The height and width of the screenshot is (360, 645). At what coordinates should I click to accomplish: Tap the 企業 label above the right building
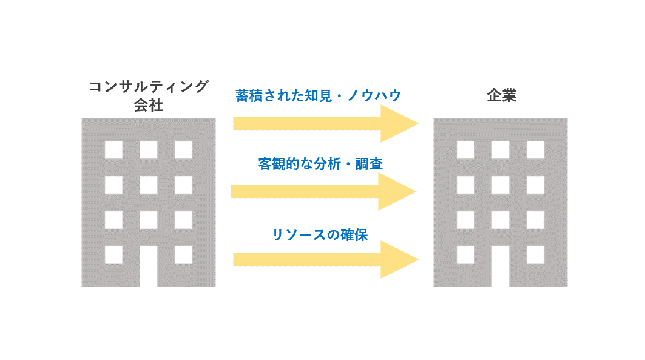[501, 95]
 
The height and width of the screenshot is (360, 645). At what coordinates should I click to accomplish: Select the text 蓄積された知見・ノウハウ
[319, 95]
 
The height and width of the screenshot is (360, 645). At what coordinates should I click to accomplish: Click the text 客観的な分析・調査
[320, 164]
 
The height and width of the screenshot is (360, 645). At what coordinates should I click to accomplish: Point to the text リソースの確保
[320, 234]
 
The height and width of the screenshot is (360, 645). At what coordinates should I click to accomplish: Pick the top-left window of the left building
[113, 149]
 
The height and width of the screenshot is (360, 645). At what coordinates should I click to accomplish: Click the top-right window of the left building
[183, 149]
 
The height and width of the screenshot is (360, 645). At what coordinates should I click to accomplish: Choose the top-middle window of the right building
[501, 149]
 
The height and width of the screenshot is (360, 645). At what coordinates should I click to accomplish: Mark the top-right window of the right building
[535, 149]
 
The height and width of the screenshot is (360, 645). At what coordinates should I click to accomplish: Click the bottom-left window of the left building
[113, 254]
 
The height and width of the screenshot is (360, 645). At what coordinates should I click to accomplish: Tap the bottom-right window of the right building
[535, 254]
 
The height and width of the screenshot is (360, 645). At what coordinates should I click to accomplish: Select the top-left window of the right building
[465, 149]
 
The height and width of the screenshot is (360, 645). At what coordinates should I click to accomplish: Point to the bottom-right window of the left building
[183, 254]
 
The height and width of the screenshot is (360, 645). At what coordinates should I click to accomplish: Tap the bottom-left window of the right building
[465, 254]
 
